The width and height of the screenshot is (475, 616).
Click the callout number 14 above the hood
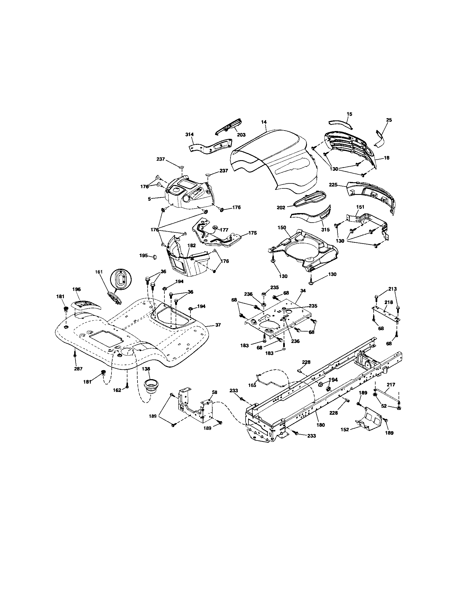(x=264, y=122)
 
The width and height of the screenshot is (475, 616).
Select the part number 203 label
(x=241, y=135)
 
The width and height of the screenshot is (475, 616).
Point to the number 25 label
(x=389, y=120)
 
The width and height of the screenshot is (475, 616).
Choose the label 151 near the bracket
(x=360, y=206)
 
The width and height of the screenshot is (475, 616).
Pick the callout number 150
(x=282, y=227)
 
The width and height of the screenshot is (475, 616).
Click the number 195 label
(x=144, y=255)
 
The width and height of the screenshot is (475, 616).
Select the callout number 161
(x=99, y=272)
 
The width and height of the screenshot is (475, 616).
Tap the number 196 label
(x=76, y=289)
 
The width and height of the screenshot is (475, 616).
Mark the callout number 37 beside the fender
(x=218, y=325)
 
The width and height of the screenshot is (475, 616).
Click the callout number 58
(x=215, y=392)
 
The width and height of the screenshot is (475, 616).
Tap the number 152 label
(x=345, y=430)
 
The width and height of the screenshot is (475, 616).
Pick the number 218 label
(x=389, y=302)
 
